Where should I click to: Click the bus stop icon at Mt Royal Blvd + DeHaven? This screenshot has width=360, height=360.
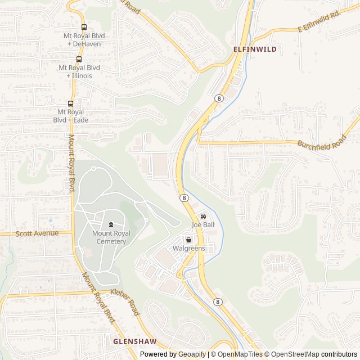(84, 27)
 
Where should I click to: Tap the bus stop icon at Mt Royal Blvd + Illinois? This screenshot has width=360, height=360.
(79, 59)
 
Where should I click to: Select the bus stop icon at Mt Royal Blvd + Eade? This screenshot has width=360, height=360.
(70, 103)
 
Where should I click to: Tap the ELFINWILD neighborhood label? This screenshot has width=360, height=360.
(255, 49)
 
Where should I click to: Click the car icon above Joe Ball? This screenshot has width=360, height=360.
(204, 216)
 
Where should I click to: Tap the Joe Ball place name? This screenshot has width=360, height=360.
(204, 225)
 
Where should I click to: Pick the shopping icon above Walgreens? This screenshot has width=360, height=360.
(188, 240)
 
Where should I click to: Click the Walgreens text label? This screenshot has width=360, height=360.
(188, 248)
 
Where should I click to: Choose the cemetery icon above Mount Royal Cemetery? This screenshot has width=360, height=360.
(111, 225)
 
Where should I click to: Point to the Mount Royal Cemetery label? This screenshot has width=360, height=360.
(111, 237)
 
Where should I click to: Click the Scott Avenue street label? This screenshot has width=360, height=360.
(37, 233)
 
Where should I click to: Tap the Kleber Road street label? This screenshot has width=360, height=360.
(125, 301)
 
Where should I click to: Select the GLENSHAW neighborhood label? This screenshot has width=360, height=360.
(132, 341)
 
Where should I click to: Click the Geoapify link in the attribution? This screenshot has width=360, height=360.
(192, 354)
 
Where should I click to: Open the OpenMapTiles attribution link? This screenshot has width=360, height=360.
(240, 354)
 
